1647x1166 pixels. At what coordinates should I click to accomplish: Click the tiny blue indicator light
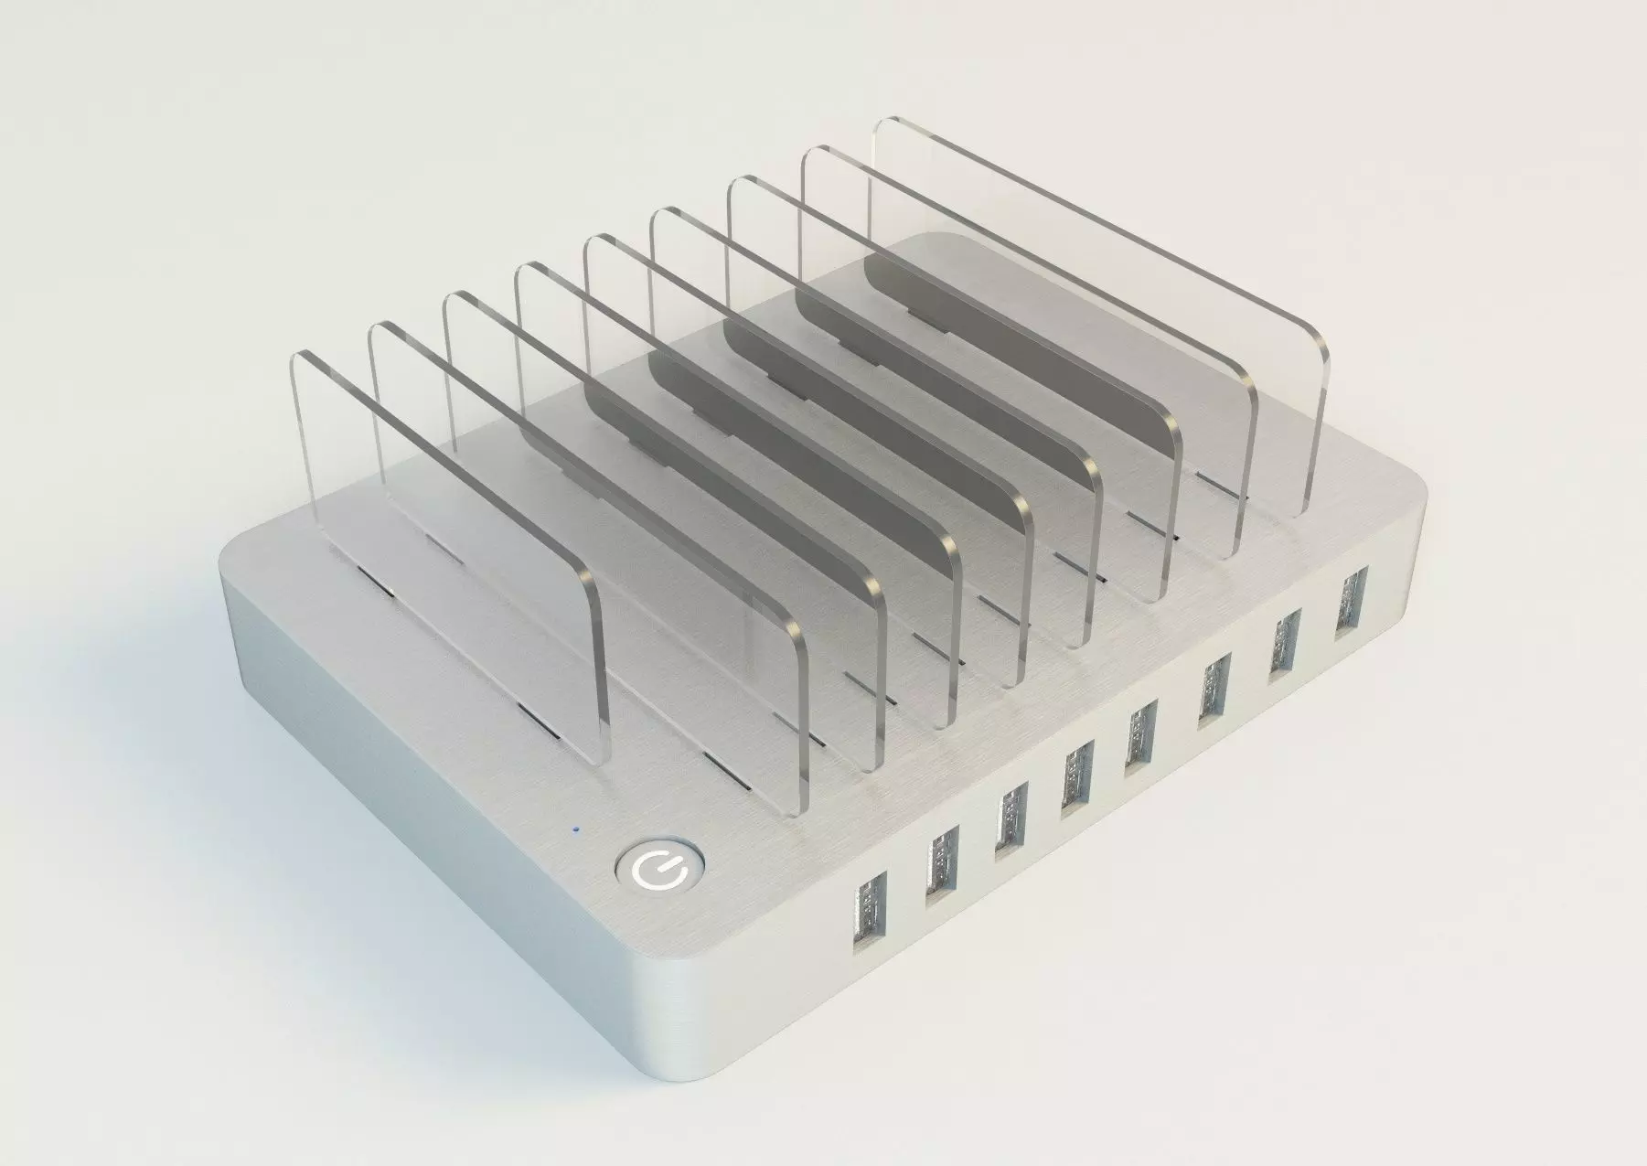(x=574, y=830)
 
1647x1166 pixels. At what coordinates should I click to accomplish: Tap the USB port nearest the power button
(x=869, y=920)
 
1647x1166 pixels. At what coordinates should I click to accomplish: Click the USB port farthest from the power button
(x=1351, y=600)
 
